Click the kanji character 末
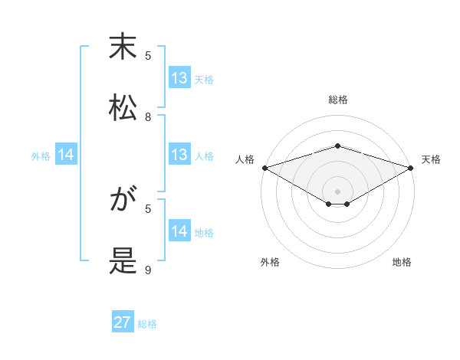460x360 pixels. (123, 47)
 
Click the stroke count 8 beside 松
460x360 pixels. (149, 117)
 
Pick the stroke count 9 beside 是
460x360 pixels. (149, 270)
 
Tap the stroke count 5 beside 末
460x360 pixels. (149, 55)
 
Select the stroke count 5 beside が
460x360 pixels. (149, 208)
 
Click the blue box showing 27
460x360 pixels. (123, 323)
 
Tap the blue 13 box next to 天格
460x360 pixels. (179, 78)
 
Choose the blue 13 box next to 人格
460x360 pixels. (179, 155)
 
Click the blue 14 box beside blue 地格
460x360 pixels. (179, 231)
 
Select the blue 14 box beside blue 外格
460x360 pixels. (67, 155)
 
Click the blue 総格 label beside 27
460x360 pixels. (147, 324)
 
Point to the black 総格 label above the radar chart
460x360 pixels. (337, 100)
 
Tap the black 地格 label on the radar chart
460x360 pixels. (402, 262)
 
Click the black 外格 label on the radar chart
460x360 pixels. (270, 262)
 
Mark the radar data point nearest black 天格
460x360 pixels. (412, 167)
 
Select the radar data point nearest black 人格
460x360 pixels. (264, 167)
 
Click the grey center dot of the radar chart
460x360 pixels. (337, 191)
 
